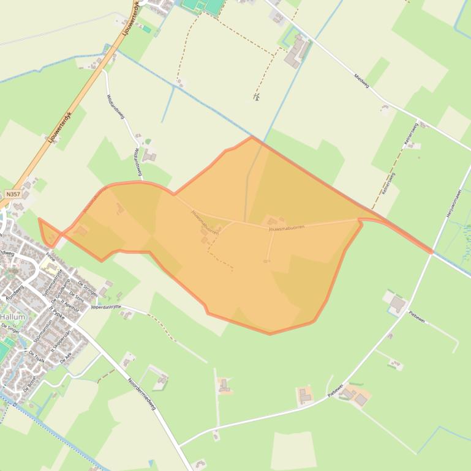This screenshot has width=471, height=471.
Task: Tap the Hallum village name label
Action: point(13,317)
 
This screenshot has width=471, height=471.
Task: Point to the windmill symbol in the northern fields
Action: point(257,97)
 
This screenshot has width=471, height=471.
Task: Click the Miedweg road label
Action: point(362,81)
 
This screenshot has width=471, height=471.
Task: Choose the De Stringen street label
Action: point(88,288)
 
